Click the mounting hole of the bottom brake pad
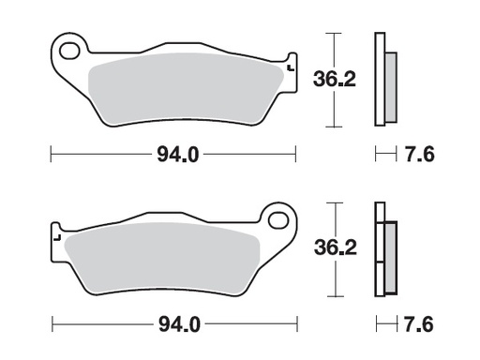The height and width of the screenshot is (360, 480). [277, 220]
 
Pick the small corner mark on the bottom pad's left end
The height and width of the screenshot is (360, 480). [56, 239]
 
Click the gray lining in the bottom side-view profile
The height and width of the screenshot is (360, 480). [390, 257]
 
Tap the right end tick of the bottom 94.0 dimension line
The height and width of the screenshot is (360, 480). [295, 325]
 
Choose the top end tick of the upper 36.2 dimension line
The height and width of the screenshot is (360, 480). [331, 33]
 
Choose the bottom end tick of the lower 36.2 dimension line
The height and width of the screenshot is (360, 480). [331, 297]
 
